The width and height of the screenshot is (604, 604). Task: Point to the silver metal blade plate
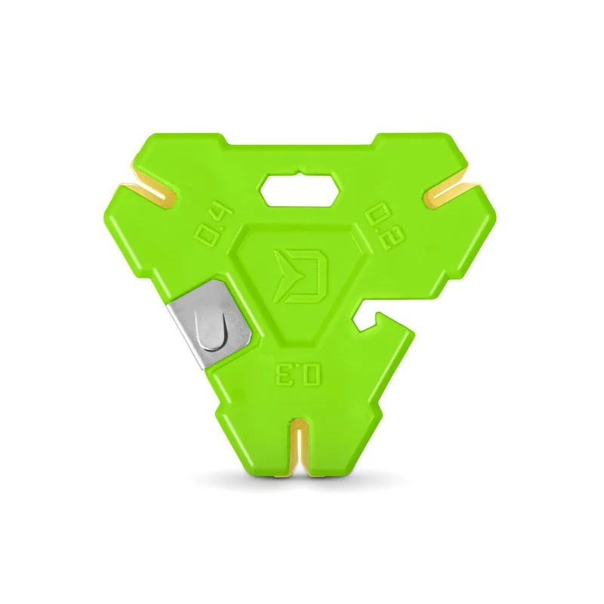coord(211,323)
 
